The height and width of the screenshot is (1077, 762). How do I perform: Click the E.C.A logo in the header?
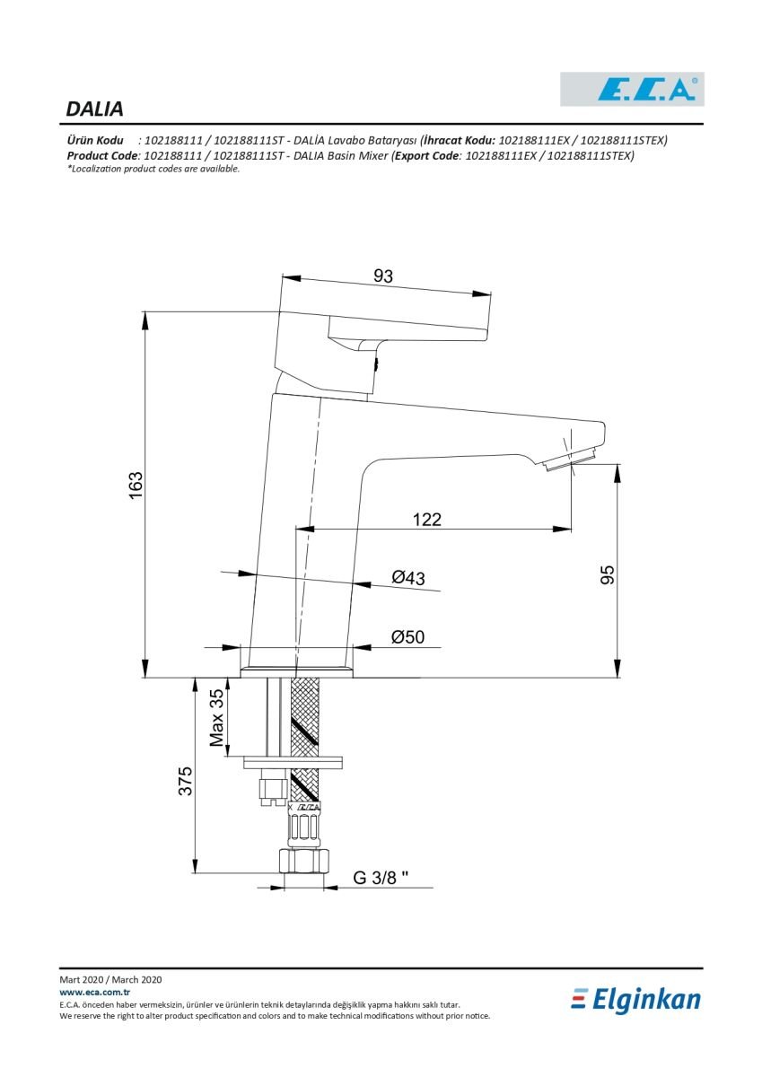coord(632,89)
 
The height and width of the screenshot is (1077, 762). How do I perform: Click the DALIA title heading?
coord(94,109)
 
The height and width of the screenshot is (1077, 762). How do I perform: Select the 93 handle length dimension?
coord(382,276)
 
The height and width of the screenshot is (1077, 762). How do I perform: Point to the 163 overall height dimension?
coord(136,486)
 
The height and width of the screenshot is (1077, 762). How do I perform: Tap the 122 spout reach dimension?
coord(427,520)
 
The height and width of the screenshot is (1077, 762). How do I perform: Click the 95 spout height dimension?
coord(608,575)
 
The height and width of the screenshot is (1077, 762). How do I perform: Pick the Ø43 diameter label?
coord(408,577)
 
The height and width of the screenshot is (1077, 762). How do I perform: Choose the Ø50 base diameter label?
coord(407,637)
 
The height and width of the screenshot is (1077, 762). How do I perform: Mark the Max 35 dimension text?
coord(217,718)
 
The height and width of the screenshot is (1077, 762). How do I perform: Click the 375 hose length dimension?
coord(185,781)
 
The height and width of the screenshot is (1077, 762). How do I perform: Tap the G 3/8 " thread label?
coord(381,878)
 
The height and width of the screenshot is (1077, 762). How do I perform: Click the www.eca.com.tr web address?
coord(95,993)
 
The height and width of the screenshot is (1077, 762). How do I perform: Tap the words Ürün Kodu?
coord(95,140)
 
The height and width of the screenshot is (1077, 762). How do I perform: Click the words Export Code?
coord(426,156)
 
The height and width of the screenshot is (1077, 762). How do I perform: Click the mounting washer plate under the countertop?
coord(293,763)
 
